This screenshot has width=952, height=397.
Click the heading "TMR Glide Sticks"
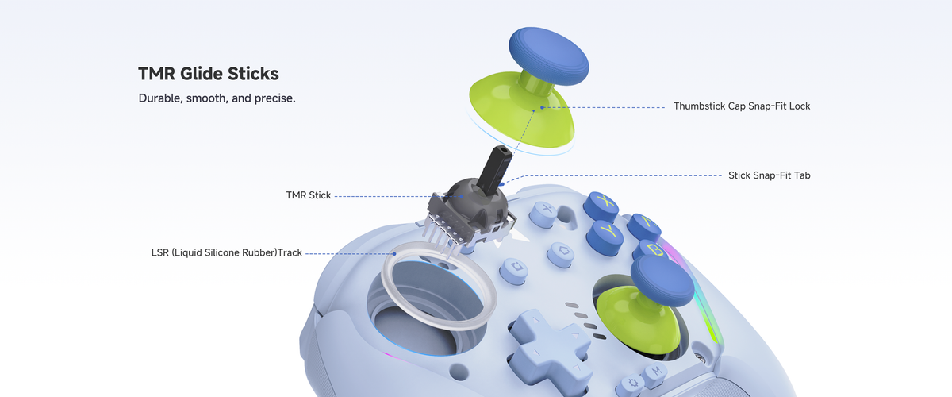click(208, 74)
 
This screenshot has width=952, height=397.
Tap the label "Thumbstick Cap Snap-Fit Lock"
click(742, 106)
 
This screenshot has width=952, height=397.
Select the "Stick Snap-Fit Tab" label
click(770, 175)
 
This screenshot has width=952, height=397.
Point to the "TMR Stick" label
click(308, 195)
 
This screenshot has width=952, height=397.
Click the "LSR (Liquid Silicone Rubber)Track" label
click(227, 252)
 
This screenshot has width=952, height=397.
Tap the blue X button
click(601, 206)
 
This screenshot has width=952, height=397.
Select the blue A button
click(644, 226)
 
